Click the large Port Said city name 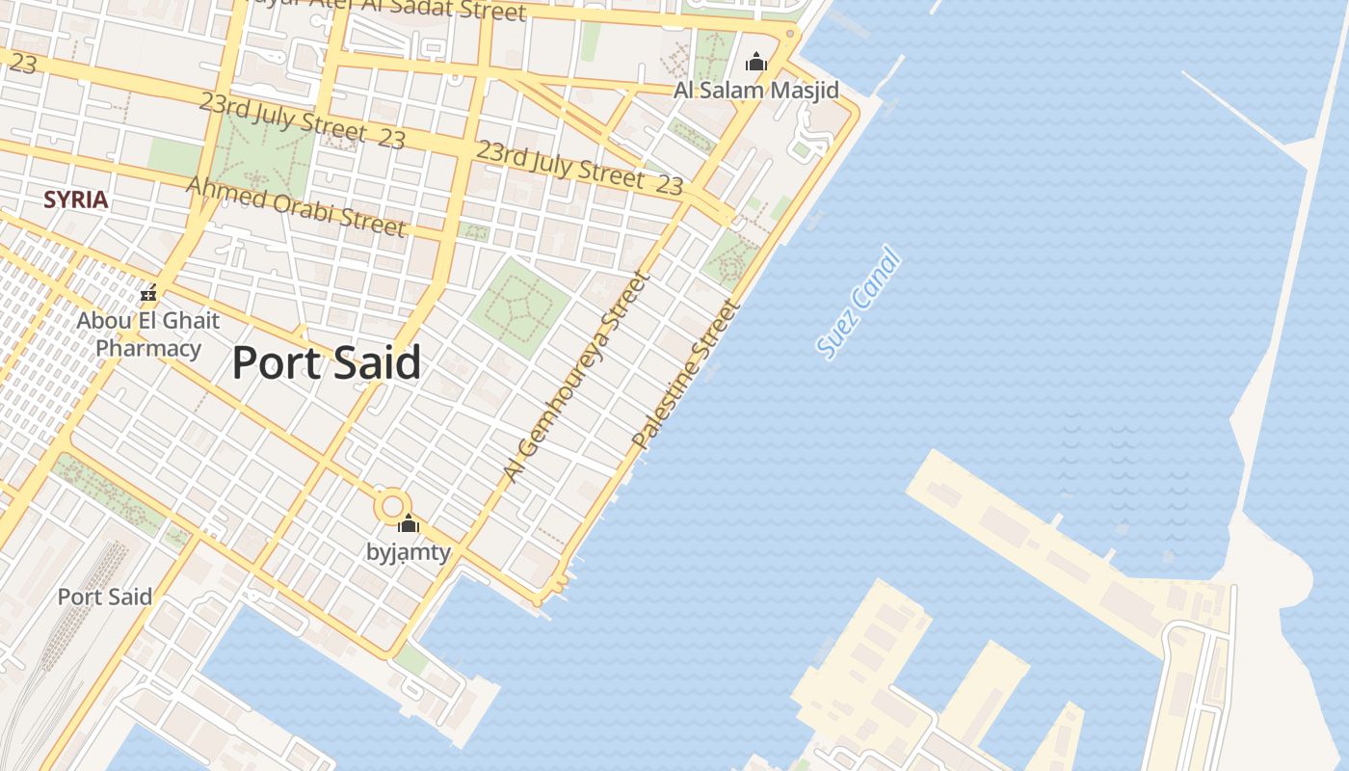[326, 363]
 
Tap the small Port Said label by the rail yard [104, 597]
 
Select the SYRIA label [75, 200]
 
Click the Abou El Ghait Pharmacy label [148, 334]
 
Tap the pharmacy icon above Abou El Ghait [148, 292]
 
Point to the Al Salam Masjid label [756, 91]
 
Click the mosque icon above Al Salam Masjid [756, 63]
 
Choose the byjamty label [409, 552]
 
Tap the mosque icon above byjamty [409, 524]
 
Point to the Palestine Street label [687, 375]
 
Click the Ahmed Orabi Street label [296, 206]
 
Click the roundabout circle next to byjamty [392, 505]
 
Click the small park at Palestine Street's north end [731, 256]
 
